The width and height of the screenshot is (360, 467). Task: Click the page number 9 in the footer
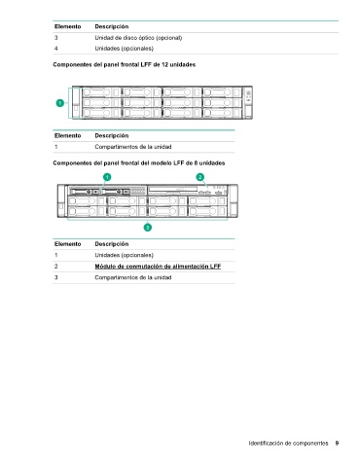tap(337, 443)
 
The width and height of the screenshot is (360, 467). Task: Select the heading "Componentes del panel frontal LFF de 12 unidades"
tap(125, 65)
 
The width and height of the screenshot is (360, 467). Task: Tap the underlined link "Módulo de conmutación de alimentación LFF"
tap(158, 267)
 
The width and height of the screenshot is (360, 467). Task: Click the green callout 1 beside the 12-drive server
tap(60, 103)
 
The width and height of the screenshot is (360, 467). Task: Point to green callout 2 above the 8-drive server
tap(200, 177)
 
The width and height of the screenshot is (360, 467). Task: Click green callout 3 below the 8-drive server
tap(148, 228)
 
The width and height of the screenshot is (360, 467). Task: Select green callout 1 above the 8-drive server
tap(107, 177)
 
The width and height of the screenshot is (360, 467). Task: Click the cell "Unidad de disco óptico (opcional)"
tap(138, 38)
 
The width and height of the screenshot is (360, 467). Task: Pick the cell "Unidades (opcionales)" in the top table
tap(125, 49)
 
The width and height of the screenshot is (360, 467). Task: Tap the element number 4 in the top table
tap(56, 49)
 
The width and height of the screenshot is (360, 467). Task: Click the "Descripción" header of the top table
tap(112, 26)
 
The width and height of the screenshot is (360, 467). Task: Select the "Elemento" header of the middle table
tap(67, 135)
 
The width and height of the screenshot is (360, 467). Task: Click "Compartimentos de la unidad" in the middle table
tap(133, 147)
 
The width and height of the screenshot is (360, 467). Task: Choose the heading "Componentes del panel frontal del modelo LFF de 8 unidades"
tap(139, 163)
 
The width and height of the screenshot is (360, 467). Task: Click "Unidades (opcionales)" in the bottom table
tap(125, 255)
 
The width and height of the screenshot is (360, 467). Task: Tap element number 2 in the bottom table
tap(56, 267)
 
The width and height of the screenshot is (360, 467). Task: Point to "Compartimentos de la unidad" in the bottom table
tap(133, 277)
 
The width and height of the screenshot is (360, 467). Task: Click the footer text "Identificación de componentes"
tap(288, 443)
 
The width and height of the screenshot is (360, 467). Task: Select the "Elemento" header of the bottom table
tap(67, 244)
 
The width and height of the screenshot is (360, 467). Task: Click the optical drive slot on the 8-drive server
tap(172, 189)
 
